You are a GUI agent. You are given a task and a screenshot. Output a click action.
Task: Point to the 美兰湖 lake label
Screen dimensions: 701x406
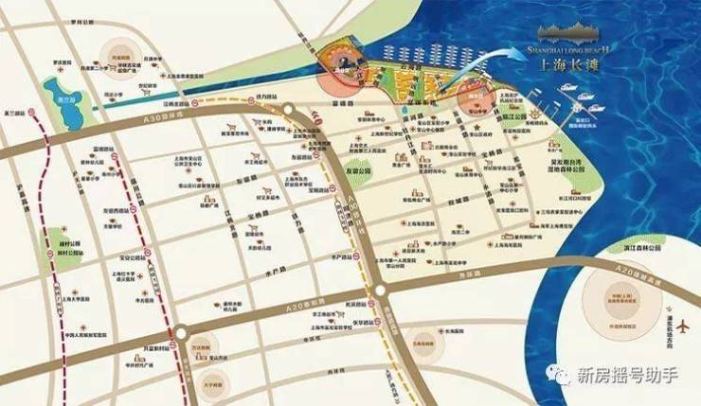click(64, 98)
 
